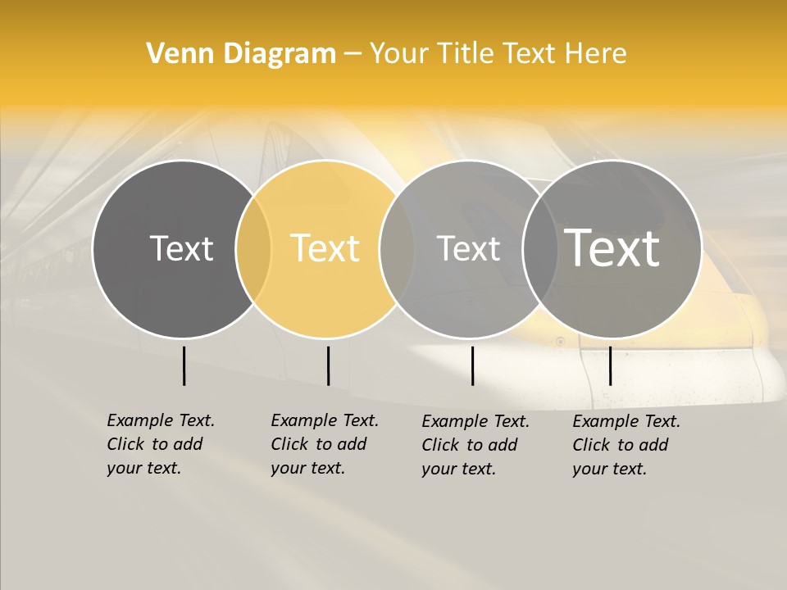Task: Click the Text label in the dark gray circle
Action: [x=181, y=248]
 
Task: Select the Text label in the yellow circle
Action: [x=325, y=248]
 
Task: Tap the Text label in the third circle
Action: [x=468, y=248]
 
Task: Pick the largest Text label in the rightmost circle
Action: [x=612, y=247]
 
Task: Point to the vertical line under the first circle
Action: [x=184, y=365]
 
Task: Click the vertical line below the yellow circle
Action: [x=328, y=365]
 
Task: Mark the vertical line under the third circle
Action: [x=473, y=365]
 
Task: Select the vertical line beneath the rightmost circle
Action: [x=610, y=365]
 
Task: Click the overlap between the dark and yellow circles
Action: [x=253, y=249]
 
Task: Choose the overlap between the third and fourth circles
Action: [x=540, y=249]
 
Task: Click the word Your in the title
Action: [x=398, y=54]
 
